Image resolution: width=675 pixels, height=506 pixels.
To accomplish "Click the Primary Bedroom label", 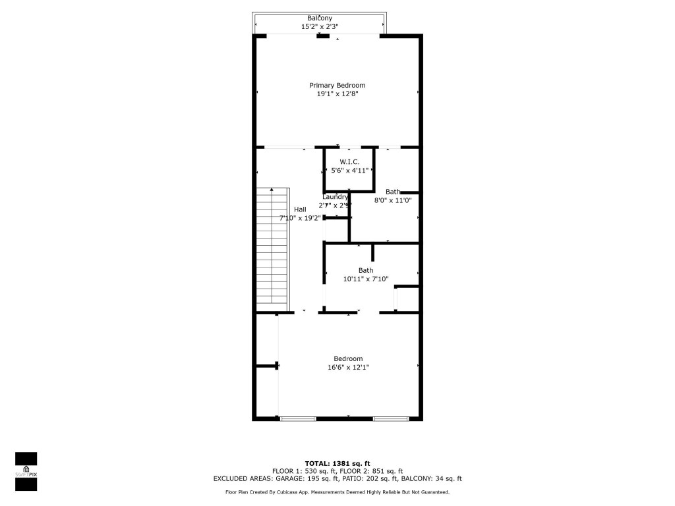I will [x=337, y=85].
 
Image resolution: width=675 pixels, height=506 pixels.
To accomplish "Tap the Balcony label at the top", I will [x=320, y=18].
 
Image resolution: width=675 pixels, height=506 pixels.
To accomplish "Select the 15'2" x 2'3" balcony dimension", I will [x=320, y=27].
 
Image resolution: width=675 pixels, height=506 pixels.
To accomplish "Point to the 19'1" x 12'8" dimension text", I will [x=337, y=94].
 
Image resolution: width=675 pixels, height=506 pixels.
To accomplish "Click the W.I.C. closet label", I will [x=349, y=161].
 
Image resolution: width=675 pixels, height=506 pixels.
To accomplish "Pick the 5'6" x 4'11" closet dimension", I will [x=349, y=170].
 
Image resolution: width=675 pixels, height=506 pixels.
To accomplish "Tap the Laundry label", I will [x=335, y=197].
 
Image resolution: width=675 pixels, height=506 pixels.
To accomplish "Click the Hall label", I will [x=300, y=209].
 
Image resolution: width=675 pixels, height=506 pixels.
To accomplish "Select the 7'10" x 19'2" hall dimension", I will [x=300, y=218].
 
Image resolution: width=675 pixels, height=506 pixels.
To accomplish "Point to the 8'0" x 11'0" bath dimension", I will [x=394, y=200].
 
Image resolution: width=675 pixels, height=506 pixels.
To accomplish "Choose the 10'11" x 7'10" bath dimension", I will [x=366, y=279].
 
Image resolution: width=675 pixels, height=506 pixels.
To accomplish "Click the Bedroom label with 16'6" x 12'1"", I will [x=348, y=358].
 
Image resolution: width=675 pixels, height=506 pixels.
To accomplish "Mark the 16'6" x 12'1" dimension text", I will [x=348, y=368].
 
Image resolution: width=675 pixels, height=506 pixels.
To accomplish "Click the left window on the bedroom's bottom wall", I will [x=297, y=418].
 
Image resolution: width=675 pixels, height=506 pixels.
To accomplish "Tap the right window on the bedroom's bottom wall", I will [x=390, y=418].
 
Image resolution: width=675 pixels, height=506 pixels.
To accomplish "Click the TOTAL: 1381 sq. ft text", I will [x=337, y=463].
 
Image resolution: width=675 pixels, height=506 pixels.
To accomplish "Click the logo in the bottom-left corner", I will [x=26, y=471].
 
